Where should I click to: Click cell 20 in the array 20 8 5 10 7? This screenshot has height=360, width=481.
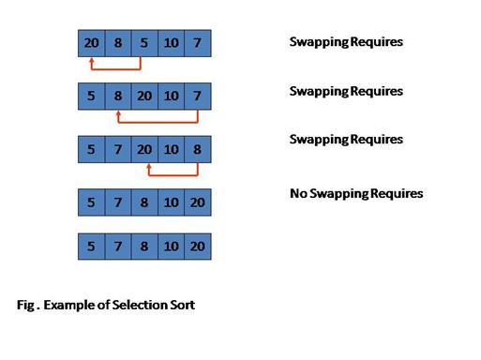pyautogui.click(x=91, y=42)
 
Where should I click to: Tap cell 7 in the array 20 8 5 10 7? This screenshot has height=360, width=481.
pyautogui.click(x=198, y=42)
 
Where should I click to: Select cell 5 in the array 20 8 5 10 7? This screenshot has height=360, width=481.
pyautogui.click(x=144, y=42)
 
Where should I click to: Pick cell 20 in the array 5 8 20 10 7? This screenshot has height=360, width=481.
pyautogui.click(x=144, y=96)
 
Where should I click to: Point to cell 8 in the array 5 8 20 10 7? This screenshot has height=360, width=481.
pyautogui.click(x=118, y=96)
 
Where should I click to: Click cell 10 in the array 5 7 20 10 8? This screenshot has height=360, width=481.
pyautogui.click(x=172, y=148)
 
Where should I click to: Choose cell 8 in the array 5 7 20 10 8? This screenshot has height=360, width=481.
pyautogui.click(x=198, y=148)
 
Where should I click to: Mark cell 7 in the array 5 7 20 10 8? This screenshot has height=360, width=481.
pyautogui.click(x=118, y=148)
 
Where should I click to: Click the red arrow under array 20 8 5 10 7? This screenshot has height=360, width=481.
pyautogui.click(x=115, y=68)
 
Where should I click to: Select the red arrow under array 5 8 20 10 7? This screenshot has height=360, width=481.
pyautogui.click(x=158, y=122)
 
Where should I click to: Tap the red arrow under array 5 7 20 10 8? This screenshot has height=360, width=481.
pyautogui.click(x=173, y=174)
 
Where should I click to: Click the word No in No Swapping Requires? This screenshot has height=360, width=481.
pyautogui.click(x=299, y=194)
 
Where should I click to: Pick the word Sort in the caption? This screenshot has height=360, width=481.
pyautogui.click(x=182, y=306)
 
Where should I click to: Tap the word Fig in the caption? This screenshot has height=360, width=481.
pyautogui.click(x=25, y=306)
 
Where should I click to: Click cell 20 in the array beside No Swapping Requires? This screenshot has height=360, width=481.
pyautogui.click(x=198, y=202)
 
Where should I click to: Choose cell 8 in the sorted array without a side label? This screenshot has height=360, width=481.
pyautogui.click(x=144, y=247)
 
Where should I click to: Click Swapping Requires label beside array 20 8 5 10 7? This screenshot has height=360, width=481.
pyautogui.click(x=346, y=42)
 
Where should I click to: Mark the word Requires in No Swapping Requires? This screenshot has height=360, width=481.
pyautogui.click(x=395, y=194)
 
